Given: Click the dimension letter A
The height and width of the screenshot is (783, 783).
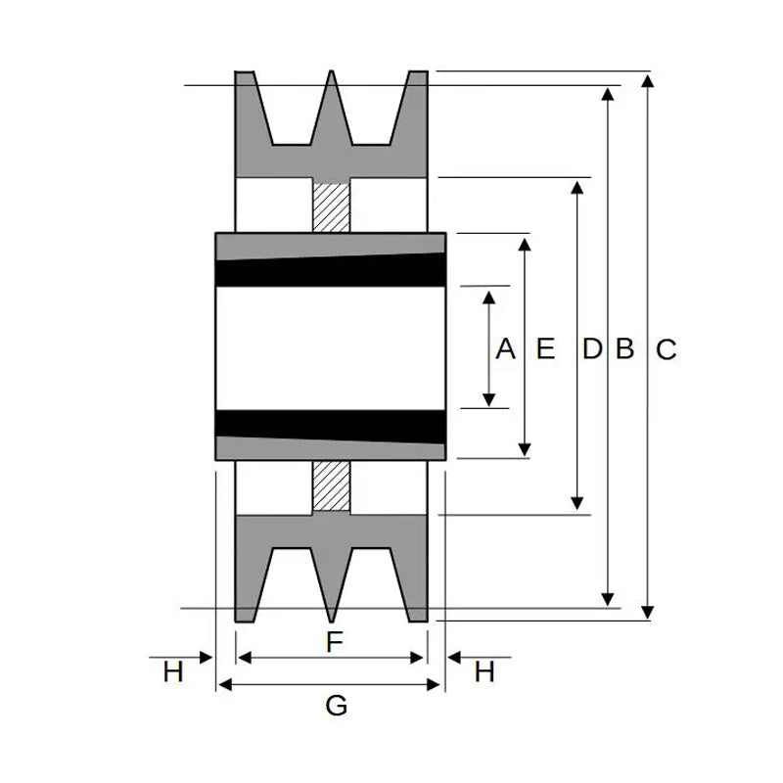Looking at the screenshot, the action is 505,348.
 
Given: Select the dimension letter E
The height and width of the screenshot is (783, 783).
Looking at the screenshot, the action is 545,348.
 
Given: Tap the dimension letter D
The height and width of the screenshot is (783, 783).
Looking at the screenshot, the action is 592,348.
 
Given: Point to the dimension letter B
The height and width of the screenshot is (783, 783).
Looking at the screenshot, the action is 624,348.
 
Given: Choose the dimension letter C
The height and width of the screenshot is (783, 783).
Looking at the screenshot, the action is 667,349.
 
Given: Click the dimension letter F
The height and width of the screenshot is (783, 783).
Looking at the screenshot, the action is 335,642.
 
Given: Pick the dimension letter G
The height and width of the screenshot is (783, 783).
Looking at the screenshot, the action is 336,706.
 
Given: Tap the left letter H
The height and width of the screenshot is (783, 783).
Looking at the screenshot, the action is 173,671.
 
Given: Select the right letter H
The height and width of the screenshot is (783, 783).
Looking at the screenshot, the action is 484,671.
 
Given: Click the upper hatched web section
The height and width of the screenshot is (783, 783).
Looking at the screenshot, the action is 331,207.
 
